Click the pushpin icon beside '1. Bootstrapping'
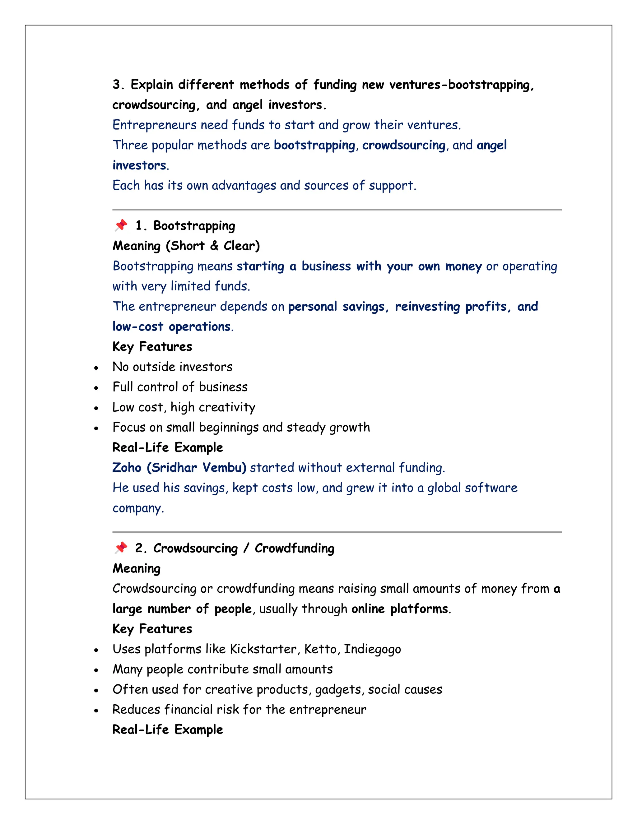coord(121,225)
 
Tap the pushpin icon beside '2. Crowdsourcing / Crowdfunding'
coord(121,548)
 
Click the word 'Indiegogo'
coord(372,649)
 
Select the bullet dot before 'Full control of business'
coord(96,388)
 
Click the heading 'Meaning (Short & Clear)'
coord(186,246)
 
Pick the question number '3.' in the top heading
coord(119,85)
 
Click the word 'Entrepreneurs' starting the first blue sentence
coord(154,125)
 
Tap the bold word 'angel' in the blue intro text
coord(491,145)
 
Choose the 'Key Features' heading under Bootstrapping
coord(152,346)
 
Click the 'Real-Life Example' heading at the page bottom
coord(168,729)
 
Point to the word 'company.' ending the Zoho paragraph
coord(138,508)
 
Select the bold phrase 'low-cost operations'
coord(172,326)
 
